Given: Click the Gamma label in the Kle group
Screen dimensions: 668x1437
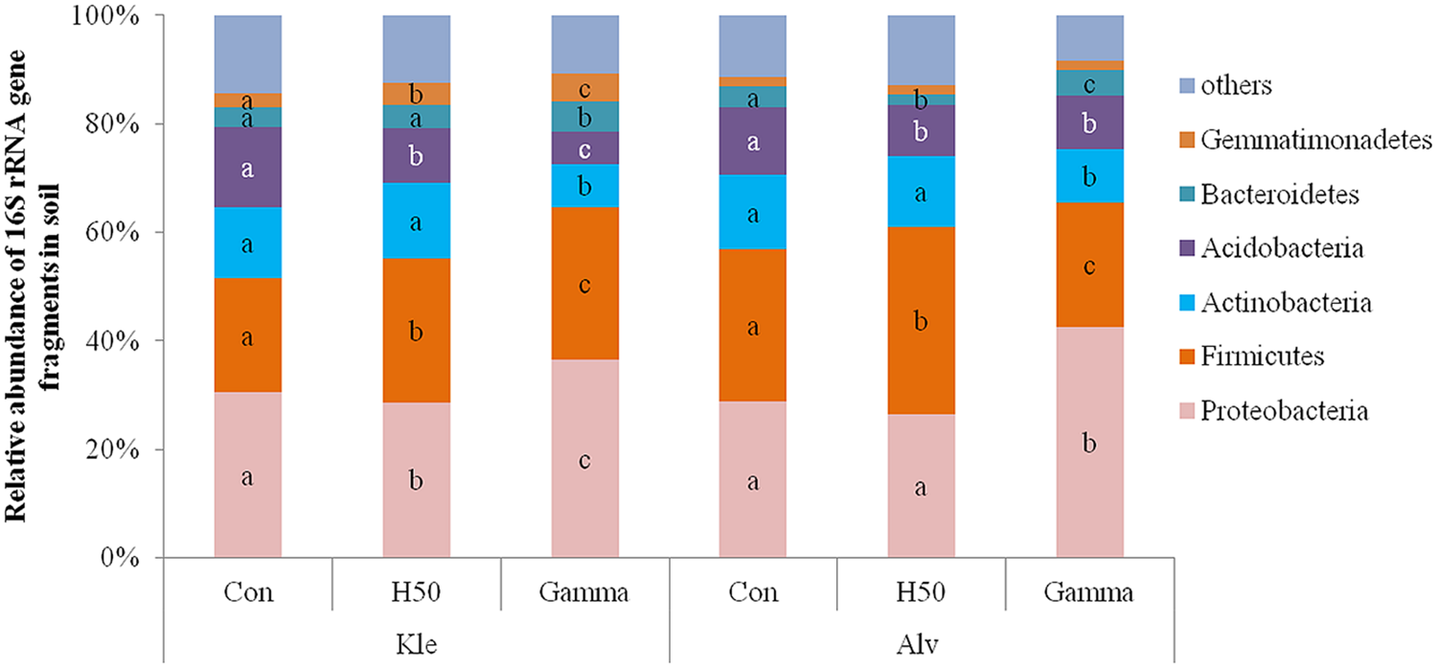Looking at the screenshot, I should point(584,592).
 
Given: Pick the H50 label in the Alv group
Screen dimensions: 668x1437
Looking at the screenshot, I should point(922,592).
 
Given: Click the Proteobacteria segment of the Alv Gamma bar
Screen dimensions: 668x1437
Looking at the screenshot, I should point(1089,443).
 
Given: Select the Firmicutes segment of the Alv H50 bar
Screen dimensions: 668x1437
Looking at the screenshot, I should point(922,320).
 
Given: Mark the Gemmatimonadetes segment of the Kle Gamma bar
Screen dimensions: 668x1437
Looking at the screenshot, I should point(584,87).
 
